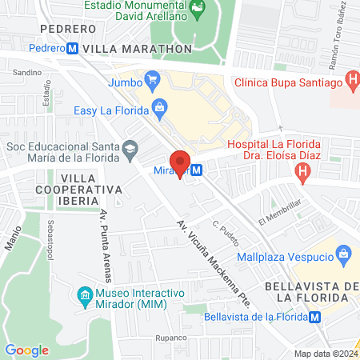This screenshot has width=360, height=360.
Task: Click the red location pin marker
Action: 181,163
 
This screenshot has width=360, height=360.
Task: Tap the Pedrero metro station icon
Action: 73,48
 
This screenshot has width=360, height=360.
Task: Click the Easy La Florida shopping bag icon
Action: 160,106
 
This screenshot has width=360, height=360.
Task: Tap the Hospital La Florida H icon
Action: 302,170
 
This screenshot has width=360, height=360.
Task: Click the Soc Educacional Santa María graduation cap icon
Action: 129,147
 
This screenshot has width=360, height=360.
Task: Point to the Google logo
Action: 26,350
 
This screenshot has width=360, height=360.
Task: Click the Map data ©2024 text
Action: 325,353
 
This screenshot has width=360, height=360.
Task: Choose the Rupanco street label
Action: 170,338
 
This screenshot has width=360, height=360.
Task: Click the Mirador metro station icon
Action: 196,170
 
